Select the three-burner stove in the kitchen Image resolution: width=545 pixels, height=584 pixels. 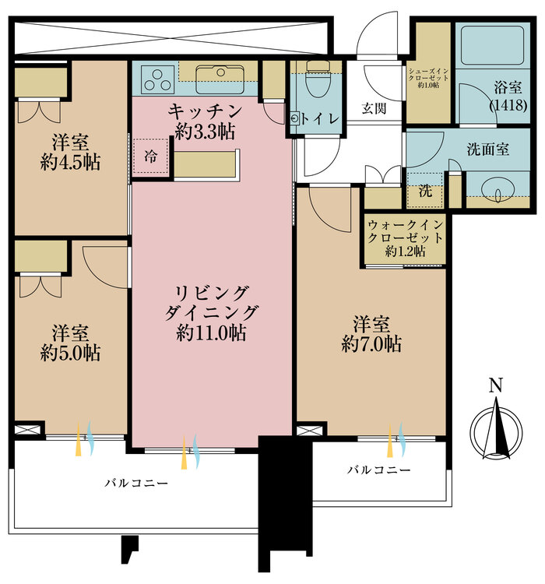[x=160, y=79]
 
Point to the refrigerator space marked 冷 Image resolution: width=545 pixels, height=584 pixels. [x=149, y=154]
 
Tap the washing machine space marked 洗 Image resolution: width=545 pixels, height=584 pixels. [x=424, y=190]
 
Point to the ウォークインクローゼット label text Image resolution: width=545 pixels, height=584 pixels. [x=405, y=237]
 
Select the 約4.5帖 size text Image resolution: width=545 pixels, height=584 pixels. [x=70, y=162]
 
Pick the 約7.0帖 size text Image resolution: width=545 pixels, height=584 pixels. [x=371, y=343]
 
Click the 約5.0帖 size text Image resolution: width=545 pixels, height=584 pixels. [x=70, y=352]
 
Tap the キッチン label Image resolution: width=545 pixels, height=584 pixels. [x=205, y=111]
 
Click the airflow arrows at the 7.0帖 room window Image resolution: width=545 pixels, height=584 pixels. [x=396, y=440]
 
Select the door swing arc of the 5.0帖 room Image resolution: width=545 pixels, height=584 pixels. [x=104, y=269]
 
